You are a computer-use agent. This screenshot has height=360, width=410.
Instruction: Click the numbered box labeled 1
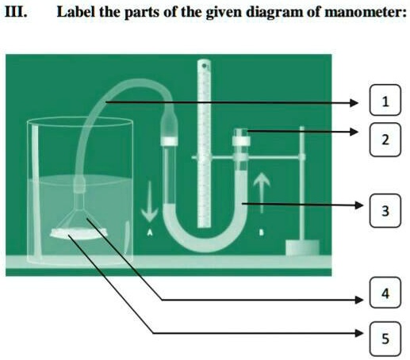(385, 101)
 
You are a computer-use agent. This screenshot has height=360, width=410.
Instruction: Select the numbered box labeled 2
(385, 140)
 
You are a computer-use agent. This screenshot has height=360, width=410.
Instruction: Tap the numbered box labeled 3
(385, 211)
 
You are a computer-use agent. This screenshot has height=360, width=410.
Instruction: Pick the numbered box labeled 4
(385, 294)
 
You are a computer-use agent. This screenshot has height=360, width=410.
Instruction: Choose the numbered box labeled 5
(385, 339)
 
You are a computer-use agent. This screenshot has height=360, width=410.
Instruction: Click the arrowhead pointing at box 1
(358, 102)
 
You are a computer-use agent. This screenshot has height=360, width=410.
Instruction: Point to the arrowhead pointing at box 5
(358, 333)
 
